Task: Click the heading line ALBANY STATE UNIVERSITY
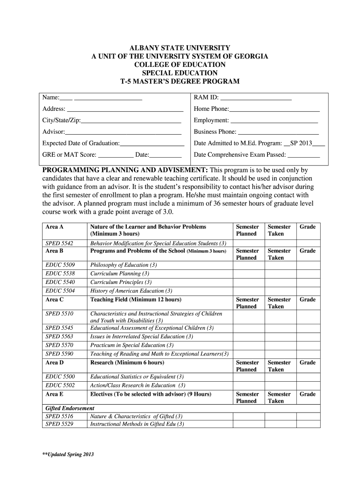[x=180, y=48]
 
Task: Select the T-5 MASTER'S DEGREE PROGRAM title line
[x=180, y=81]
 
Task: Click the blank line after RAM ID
[x=256, y=98]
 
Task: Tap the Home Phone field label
[x=211, y=109]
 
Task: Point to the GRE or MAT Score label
[x=69, y=154]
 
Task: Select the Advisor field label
[x=53, y=132]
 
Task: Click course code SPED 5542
[x=59, y=243]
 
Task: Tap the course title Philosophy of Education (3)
[x=123, y=265]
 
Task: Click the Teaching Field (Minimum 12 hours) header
[x=136, y=299]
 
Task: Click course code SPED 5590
[x=59, y=354]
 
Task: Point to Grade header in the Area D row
[x=307, y=363]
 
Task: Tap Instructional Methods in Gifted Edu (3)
[x=137, y=424]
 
